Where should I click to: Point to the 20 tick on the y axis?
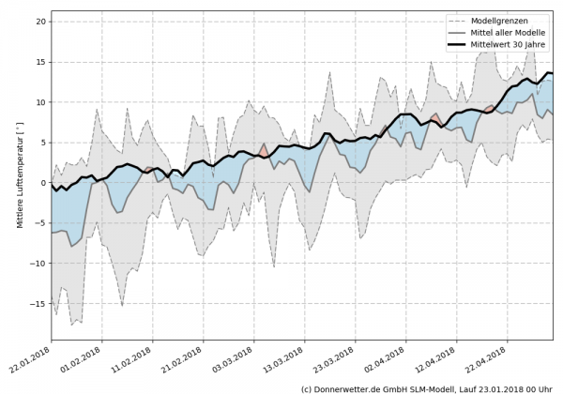tap(42, 21)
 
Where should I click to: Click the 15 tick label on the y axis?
tap(42, 61)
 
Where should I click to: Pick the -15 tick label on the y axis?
tap(40, 304)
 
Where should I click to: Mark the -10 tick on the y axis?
tap(40, 264)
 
